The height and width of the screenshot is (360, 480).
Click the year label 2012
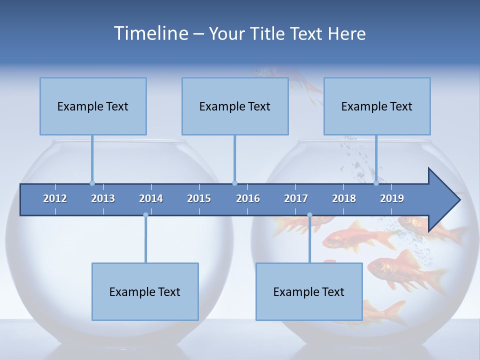tap(55, 198)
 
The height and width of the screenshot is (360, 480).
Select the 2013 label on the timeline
tap(103, 198)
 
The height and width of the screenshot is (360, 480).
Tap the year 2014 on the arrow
tap(151, 198)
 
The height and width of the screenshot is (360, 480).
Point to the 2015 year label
tap(199, 198)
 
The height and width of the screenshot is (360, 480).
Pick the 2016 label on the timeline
tap(248, 198)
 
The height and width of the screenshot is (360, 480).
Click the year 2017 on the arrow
tap(296, 198)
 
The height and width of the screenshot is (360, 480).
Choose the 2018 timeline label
tap(344, 198)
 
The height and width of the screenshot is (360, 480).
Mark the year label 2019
tap(392, 198)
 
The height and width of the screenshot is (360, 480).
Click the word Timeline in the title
tap(150, 33)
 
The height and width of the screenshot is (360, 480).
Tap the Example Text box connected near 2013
tap(93, 106)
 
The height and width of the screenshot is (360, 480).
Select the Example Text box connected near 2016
tap(235, 106)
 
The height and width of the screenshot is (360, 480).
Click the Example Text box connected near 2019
tap(377, 106)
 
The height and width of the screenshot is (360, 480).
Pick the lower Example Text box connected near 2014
tap(145, 291)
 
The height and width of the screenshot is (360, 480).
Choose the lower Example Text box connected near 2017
tap(309, 291)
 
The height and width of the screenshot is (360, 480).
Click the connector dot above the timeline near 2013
tap(92, 183)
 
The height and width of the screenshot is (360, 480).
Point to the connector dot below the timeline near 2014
tap(145, 215)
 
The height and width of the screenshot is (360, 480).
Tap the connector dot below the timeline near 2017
tap(309, 215)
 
